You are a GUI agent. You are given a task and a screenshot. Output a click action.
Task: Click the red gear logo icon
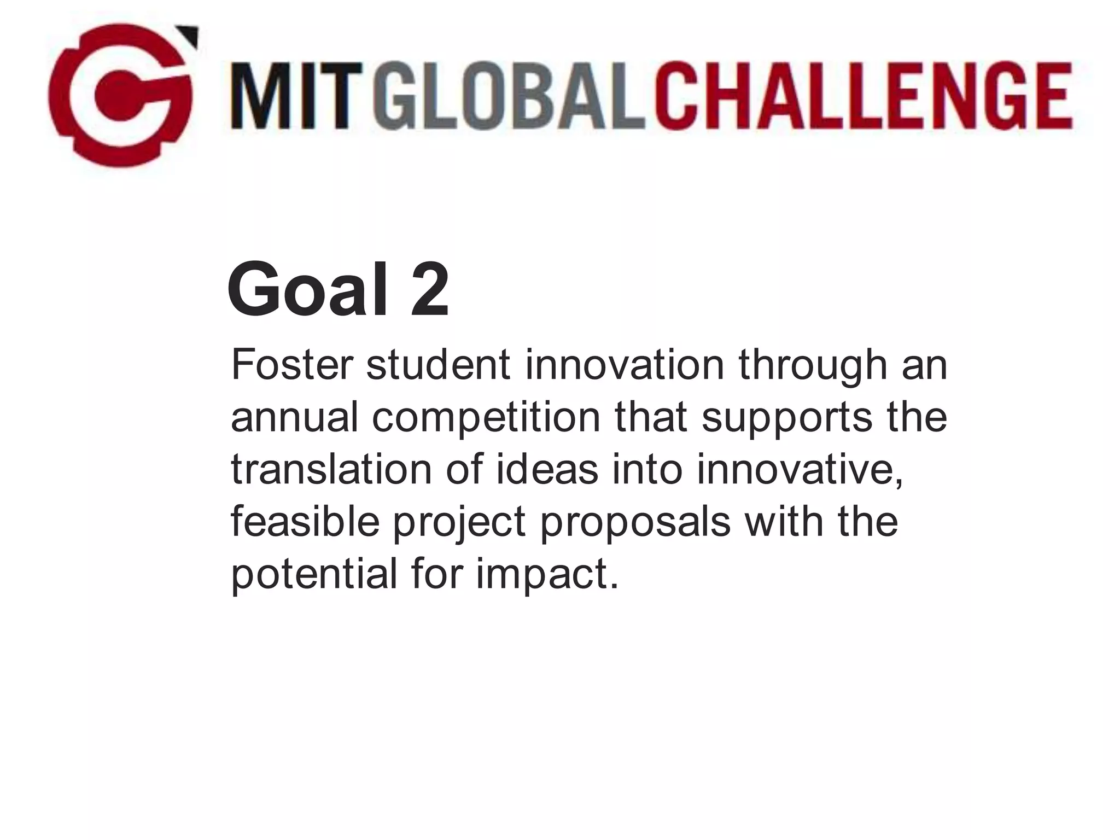120,96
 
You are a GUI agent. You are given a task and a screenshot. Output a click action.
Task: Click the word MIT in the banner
296,96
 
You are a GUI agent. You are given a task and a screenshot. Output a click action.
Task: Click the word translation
331,469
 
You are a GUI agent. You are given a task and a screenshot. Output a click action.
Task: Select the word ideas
547,469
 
